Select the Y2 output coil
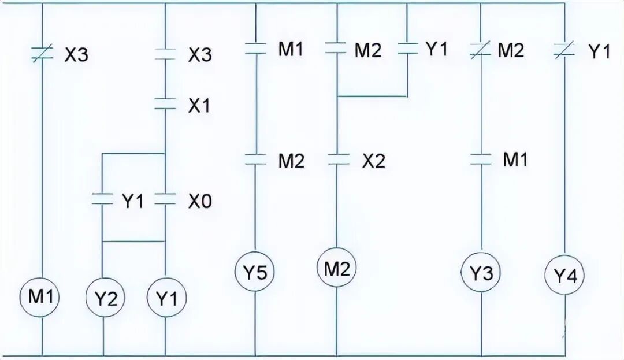(x=104, y=299)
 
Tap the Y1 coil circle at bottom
(x=166, y=299)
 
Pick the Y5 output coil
(x=255, y=272)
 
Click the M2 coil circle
(x=337, y=268)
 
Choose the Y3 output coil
(x=481, y=272)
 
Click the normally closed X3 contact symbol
(x=43, y=55)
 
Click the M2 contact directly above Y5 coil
(x=255, y=159)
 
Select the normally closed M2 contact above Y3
(x=481, y=51)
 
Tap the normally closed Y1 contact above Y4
(x=564, y=51)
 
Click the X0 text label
(x=200, y=201)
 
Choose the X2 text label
(x=373, y=161)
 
